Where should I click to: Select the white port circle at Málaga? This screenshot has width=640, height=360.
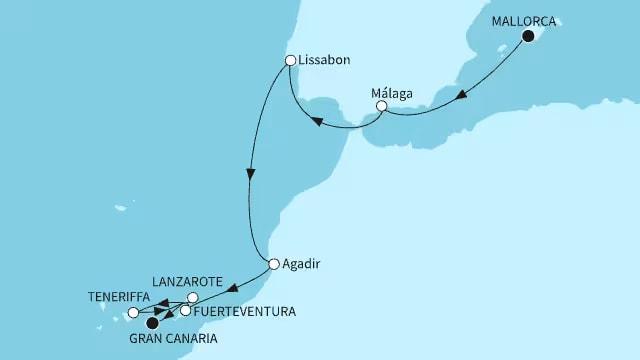(x=381, y=105)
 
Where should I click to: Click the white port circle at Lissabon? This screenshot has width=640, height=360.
(x=290, y=60)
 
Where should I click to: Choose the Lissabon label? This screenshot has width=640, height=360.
(x=324, y=60)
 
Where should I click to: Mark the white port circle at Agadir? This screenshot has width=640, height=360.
(x=274, y=265)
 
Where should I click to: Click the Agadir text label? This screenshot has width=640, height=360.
(x=304, y=265)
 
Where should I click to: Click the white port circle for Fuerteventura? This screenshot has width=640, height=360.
(x=185, y=311)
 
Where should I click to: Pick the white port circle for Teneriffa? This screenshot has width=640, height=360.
(x=133, y=313)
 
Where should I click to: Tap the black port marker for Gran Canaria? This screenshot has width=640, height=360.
(x=153, y=323)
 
